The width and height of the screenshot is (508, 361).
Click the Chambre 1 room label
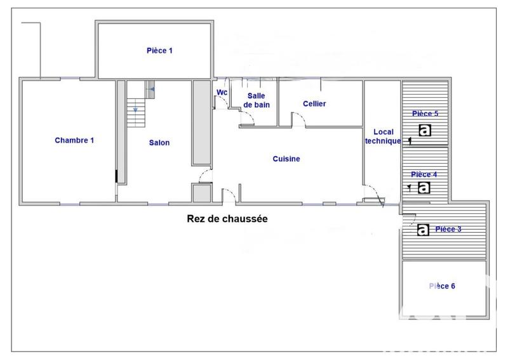click(74, 140)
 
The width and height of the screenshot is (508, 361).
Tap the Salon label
click(159, 143)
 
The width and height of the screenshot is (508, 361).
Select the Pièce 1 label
click(159, 50)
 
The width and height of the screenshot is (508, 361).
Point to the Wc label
click(222, 92)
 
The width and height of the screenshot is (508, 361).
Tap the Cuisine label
click(286, 159)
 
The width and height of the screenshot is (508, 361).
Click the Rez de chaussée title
click(227, 219)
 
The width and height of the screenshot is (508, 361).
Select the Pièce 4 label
click(424, 174)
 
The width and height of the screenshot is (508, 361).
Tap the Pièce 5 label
click(425, 114)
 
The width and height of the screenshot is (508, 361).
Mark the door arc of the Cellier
click(296, 119)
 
